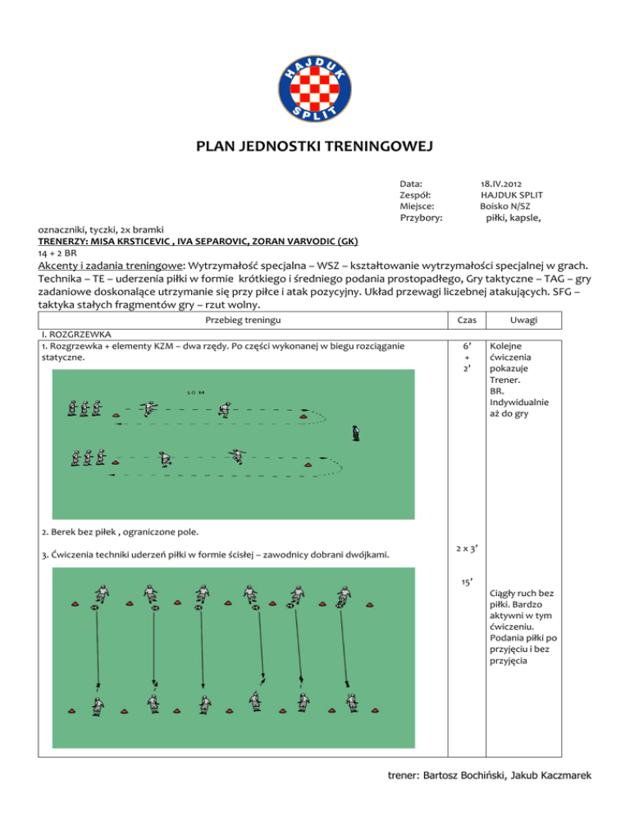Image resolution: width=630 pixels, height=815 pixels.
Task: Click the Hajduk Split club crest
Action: click(x=315, y=88)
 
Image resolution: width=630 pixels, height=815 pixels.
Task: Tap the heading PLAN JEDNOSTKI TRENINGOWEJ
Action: click(x=315, y=148)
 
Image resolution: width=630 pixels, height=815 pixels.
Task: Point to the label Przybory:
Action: click(x=421, y=219)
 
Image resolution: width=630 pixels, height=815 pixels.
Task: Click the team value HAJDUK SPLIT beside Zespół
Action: click(x=511, y=196)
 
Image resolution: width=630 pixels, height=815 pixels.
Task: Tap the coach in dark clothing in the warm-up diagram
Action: click(x=354, y=432)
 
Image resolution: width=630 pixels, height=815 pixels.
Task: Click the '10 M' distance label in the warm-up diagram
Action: click(x=195, y=393)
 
